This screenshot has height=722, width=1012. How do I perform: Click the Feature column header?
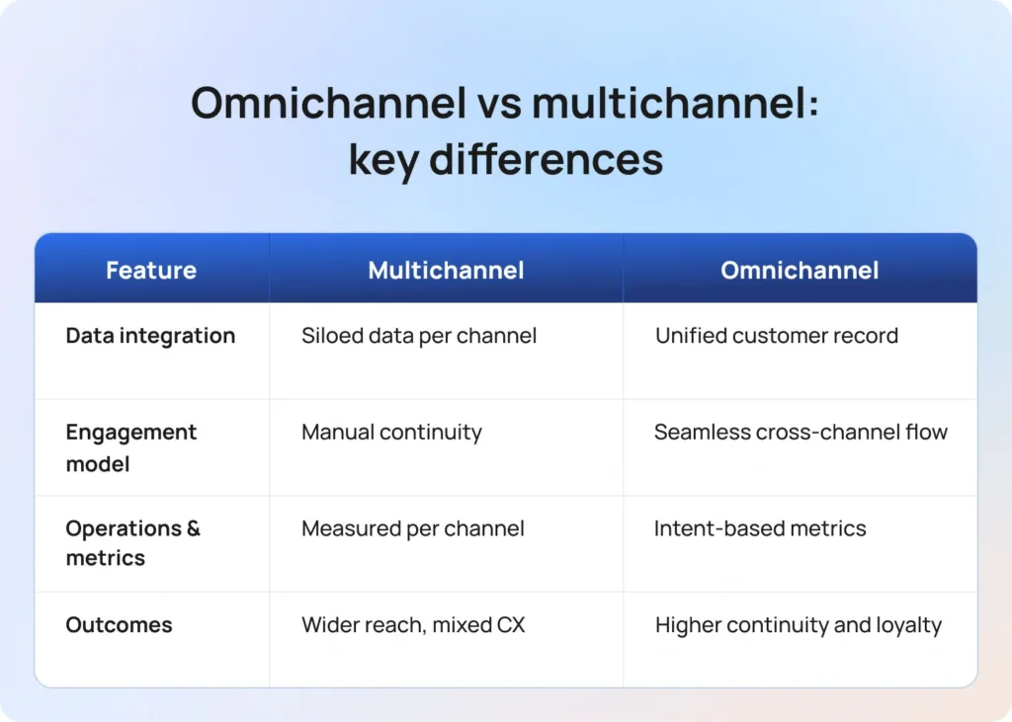tap(151, 271)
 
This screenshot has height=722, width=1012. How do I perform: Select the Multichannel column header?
tap(446, 271)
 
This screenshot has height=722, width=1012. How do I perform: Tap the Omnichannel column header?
tap(800, 271)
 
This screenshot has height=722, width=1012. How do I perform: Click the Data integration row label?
tap(150, 336)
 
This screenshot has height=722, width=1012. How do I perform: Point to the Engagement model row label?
tap(130, 447)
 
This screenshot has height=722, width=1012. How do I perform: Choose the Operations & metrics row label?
tap(132, 543)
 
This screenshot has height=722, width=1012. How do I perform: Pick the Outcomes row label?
tap(119, 625)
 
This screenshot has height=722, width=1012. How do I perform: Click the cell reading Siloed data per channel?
tap(419, 336)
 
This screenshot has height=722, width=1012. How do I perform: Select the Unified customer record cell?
tap(777, 336)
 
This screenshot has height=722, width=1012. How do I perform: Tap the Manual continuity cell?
tap(391, 432)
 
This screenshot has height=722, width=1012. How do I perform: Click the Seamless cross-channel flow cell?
tap(801, 432)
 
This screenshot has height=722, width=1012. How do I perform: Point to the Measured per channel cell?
tap(412, 528)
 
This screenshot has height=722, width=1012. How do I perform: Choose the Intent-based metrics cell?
tap(760, 528)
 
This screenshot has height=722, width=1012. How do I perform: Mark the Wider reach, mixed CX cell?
tap(413, 625)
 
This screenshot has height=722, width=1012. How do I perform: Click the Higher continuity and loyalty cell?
tap(799, 625)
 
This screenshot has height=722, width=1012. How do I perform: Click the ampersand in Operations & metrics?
tap(193, 528)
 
